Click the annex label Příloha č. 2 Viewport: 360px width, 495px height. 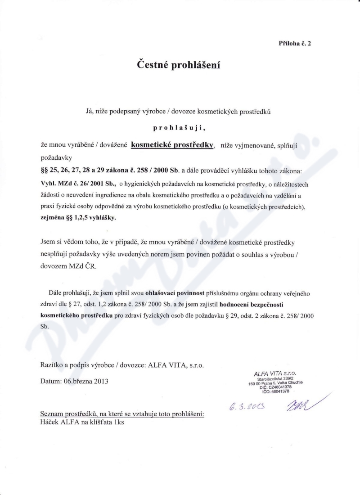295,44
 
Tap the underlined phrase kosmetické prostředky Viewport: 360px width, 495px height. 172,145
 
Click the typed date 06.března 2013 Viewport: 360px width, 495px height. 74,382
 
